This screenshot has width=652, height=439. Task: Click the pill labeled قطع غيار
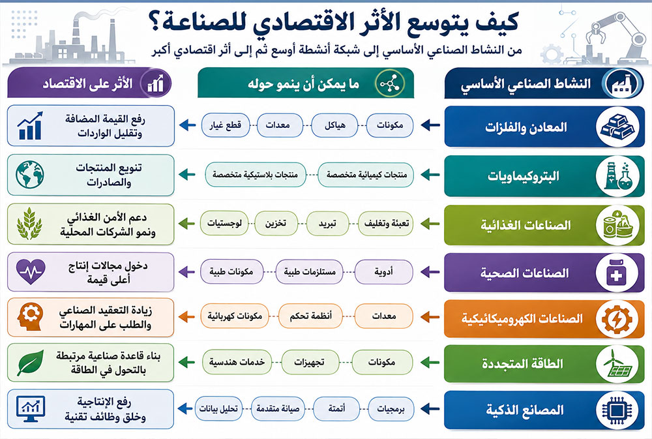click(226, 125)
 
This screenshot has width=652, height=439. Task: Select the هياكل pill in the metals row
click(334, 125)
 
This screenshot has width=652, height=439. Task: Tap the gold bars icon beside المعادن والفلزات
click(617, 127)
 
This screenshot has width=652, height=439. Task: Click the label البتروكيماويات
click(523, 176)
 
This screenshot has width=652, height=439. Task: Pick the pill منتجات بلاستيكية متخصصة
click(256, 174)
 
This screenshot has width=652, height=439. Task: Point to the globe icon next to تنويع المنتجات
click(30, 175)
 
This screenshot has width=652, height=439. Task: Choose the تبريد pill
click(327, 224)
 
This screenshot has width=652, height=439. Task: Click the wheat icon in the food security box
click(29, 224)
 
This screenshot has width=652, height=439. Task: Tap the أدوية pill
click(383, 272)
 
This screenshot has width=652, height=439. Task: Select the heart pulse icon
click(31, 271)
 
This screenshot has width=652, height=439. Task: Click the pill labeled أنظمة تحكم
click(310, 316)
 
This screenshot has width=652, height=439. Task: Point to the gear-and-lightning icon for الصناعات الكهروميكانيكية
click(617, 319)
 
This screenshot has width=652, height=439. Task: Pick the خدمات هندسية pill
click(237, 362)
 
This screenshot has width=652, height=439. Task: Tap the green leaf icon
click(31, 363)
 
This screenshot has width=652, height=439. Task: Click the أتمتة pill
click(336, 408)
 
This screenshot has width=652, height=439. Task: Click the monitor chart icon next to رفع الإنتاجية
click(31, 408)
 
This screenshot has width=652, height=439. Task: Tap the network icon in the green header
click(390, 83)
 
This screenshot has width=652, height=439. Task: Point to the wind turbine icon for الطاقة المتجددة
click(617, 363)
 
